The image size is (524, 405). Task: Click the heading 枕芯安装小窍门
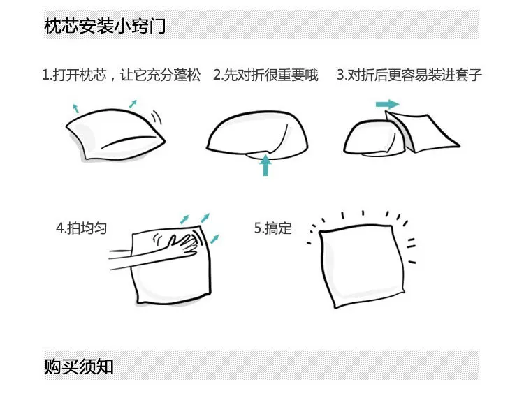(105, 26)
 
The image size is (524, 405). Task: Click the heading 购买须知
(78, 367)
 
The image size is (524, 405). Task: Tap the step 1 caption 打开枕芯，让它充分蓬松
(126, 75)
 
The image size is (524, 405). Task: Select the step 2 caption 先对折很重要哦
(270, 75)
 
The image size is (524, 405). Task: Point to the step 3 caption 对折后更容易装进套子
(414, 75)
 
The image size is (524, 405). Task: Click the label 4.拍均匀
(82, 228)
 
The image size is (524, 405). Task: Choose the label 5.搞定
(273, 228)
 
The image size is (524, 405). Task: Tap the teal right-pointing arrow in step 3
(387, 104)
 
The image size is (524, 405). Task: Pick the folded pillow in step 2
(256, 135)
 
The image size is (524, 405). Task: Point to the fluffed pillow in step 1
(115, 134)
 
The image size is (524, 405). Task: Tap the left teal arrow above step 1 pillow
(76, 108)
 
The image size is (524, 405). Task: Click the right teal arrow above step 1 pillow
(133, 103)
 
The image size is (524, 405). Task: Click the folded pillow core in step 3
(374, 138)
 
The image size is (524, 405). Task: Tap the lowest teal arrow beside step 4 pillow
(214, 239)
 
